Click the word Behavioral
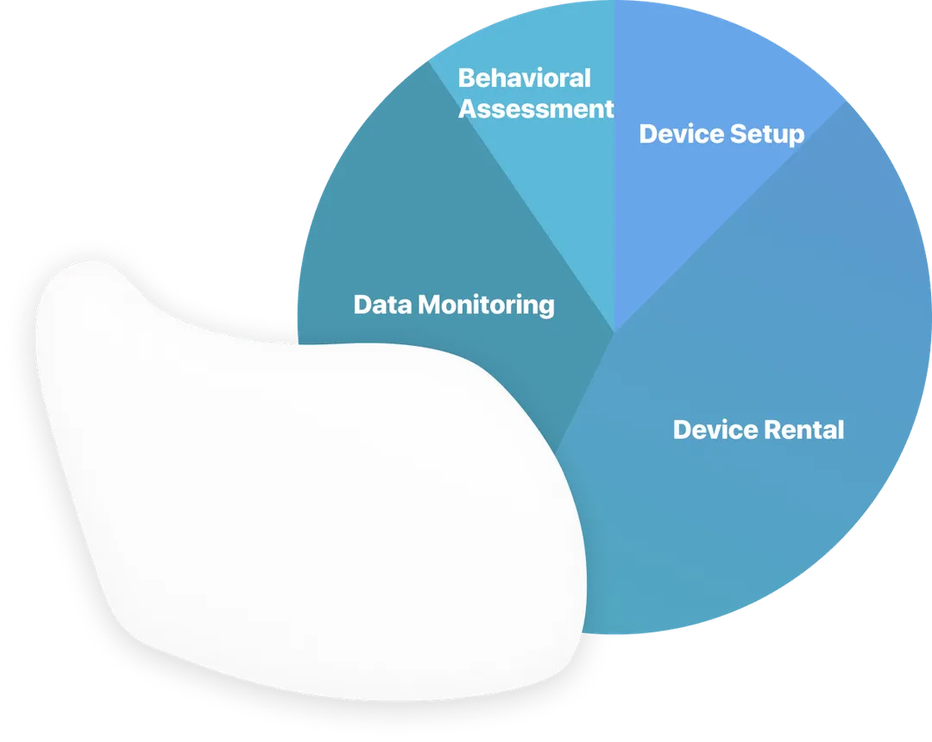(x=524, y=79)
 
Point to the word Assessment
(x=536, y=110)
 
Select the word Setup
(x=767, y=135)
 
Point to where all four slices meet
(x=614, y=331)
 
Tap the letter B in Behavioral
(x=466, y=79)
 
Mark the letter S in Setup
(x=738, y=135)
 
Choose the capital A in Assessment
(x=468, y=110)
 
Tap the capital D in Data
(x=362, y=305)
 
